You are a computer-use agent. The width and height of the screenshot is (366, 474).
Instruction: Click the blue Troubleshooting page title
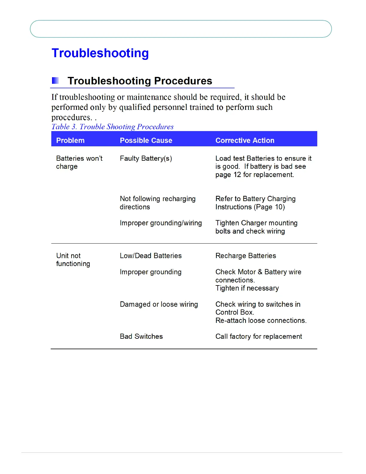(x=100, y=53)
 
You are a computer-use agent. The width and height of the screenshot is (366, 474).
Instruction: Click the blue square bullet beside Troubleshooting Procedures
(x=55, y=80)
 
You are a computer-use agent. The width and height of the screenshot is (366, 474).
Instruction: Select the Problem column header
(x=70, y=140)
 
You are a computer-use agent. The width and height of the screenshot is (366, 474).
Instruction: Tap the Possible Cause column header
(x=146, y=140)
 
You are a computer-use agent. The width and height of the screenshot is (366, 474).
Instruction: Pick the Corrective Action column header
(x=245, y=140)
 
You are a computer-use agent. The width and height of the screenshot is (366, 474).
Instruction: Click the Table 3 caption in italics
(x=112, y=127)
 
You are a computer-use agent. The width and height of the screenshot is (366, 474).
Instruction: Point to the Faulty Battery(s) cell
(x=146, y=158)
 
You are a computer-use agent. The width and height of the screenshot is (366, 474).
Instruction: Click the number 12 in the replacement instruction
(x=237, y=174)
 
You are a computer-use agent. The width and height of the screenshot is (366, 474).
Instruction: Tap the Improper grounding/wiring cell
(x=161, y=223)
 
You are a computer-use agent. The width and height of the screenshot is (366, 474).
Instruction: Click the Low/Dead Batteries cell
(x=151, y=256)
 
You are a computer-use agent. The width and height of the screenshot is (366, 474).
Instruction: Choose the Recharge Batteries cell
(x=245, y=256)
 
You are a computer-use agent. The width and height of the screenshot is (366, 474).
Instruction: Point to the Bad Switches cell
(x=141, y=336)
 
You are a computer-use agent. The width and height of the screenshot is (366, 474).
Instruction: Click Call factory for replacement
(x=259, y=336)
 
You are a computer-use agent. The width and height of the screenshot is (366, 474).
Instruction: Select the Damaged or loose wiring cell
(x=159, y=304)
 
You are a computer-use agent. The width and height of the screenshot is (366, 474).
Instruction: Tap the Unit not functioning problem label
(x=73, y=259)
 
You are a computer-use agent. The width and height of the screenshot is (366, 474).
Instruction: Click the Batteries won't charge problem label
(x=79, y=162)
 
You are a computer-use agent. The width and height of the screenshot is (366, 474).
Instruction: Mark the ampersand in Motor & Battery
(x=260, y=272)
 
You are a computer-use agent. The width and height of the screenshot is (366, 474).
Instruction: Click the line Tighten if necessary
(x=247, y=288)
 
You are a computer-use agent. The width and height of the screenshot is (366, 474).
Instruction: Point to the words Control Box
(x=234, y=312)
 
